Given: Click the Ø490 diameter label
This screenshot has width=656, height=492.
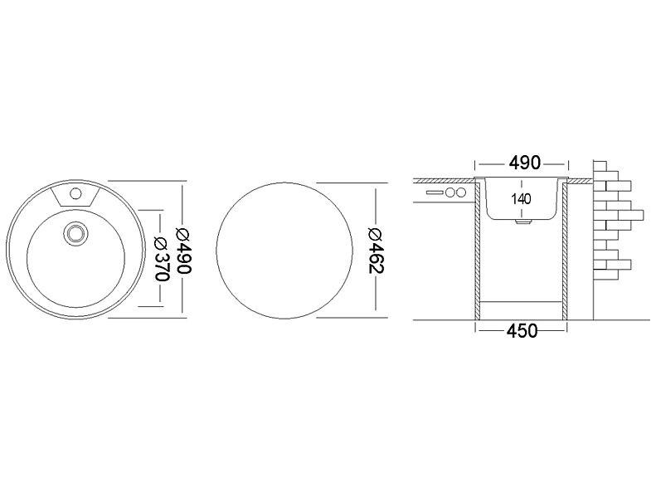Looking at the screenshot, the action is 183,251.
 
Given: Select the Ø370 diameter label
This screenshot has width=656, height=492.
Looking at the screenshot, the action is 162,259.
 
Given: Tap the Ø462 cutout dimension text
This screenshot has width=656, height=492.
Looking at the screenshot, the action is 376,251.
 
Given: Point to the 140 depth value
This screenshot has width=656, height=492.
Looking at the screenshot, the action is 521,199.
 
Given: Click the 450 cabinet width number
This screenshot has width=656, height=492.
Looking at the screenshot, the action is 522,331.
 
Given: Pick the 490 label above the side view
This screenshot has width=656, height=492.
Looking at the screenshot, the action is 525,163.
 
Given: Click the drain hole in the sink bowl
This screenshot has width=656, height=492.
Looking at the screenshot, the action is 75,233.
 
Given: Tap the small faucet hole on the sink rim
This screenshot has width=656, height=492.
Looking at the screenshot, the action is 75,193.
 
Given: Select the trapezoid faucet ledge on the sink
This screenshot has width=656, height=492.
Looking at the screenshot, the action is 75,196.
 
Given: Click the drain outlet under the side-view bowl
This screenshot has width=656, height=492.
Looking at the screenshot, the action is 522,222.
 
